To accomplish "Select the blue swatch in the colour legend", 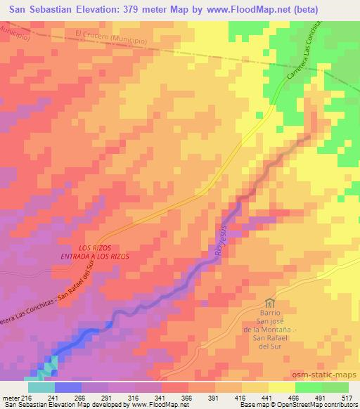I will (x=66, y=387).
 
